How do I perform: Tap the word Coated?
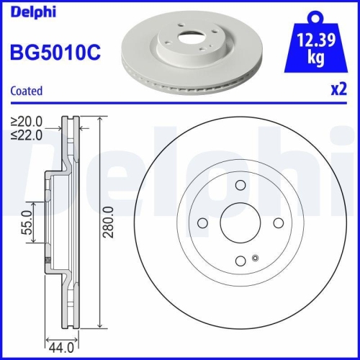click(x=26, y=91)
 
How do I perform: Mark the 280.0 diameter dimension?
click(x=109, y=222)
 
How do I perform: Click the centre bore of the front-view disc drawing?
click(x=238, y=222)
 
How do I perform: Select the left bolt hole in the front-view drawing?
click(x=202, y=222)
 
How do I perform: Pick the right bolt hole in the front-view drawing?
click(x=276, y=222)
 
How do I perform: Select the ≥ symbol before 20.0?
click(x=14, y=122)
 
